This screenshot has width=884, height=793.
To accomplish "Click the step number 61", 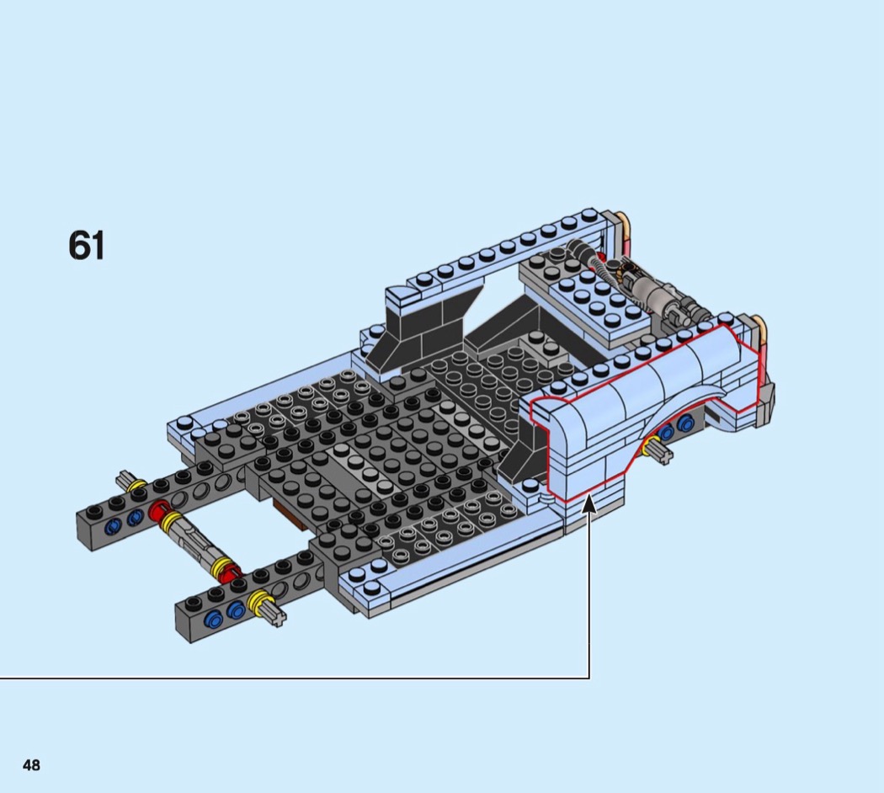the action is pos(86,245).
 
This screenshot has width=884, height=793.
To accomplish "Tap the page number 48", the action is pos(32,765).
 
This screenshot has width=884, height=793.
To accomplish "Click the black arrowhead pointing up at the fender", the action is pos(589,503).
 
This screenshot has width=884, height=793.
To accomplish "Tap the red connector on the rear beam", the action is pos(159,510).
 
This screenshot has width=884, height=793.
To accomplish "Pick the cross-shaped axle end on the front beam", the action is pos(275,614).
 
